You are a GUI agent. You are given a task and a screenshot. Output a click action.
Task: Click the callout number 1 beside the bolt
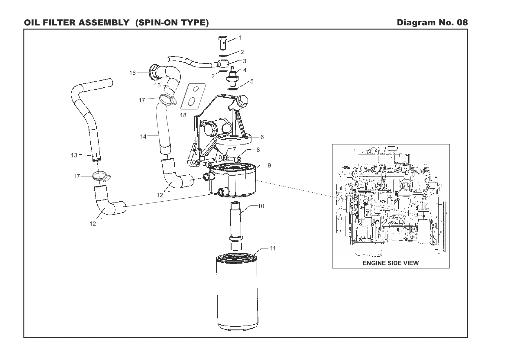click(x=240, y=38)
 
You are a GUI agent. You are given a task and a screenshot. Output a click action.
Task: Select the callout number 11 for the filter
click(x=273, y=248)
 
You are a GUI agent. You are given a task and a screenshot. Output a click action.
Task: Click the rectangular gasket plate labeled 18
click(x=193, y=96)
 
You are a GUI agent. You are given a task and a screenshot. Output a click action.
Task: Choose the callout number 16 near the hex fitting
click(x=132, y=73)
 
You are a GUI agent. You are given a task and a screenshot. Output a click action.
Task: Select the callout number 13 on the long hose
click(x=74, y=155)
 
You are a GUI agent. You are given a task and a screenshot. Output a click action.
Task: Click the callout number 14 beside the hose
click(x=143, y=137)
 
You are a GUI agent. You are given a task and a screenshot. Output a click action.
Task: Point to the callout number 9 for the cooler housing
click(x=269, y=165)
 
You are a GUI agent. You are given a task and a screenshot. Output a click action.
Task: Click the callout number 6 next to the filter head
click(x=262, y=137)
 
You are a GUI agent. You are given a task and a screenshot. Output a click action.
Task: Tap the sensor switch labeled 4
click(x=233, y=76)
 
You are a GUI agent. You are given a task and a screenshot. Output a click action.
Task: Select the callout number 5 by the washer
click(x=251, y=81)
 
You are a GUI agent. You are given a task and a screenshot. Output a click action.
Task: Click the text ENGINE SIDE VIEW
click(x=391, y=263)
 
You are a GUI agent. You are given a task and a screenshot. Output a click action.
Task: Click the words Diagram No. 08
click(x=432, y=23)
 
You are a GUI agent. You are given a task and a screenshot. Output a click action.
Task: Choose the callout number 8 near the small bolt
click(x=258, y=149)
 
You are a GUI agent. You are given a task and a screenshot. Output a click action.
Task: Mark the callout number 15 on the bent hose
click(x=157, y=85)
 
